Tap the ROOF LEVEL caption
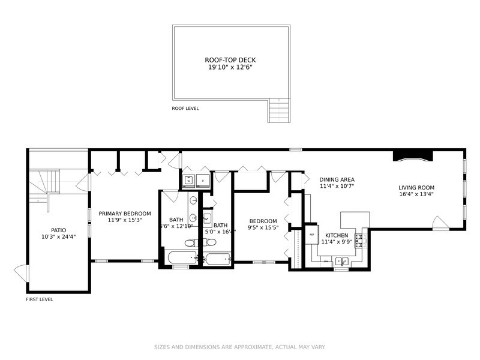tap(185, 109)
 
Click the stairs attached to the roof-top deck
tap(278, 110)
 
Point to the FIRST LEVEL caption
tap(39, 299)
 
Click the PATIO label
tap(58, 230)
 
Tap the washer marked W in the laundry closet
tap(188, 179)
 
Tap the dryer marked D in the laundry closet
tap(203, 179)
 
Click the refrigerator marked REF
tap(312, 234)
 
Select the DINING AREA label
tap(337, 179)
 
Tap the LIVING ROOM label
tap(416, 187)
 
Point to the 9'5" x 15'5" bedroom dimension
tap(263, 229)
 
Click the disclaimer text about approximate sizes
tap(240, 347)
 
